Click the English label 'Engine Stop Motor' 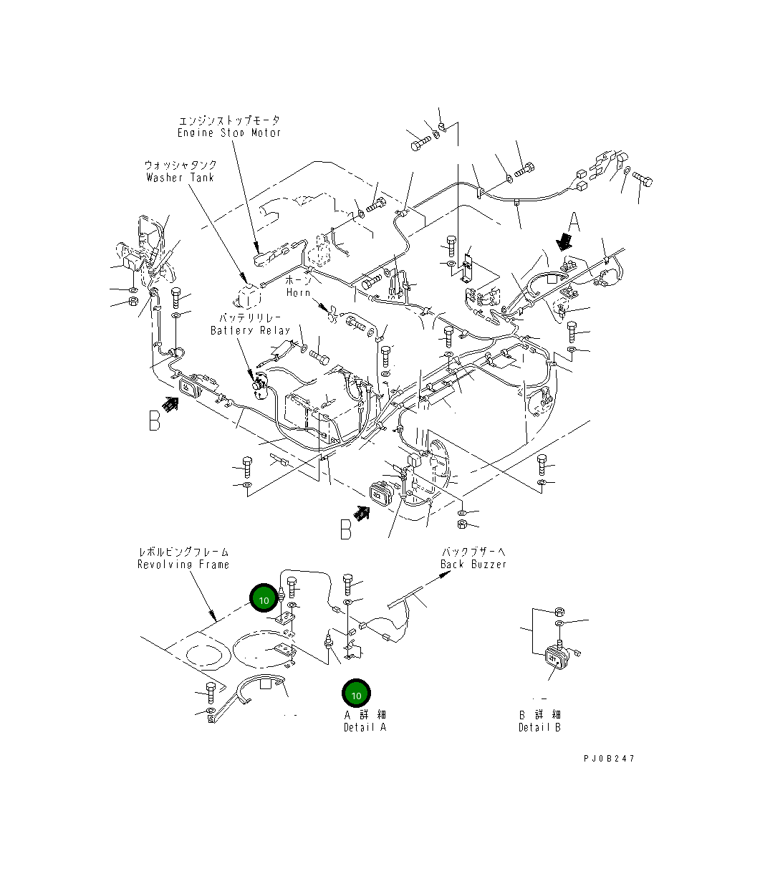click(229, 133)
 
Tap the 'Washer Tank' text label click(180, 178)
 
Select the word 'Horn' click(298, 292)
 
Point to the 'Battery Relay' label click(250, 330)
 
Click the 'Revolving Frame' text click(183, 565)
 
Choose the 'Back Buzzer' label click(473, 565)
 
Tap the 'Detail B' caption click(539, 727)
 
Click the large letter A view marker click(574, 222)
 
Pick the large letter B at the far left click(155, 421)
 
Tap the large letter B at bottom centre click(346, 529)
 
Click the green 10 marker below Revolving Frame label click(264, 598)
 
